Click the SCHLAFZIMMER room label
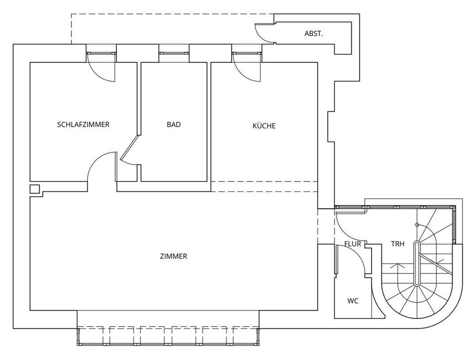(x=83, y=125)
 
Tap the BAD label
(x=174, y=125)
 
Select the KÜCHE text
(x=264, y=126)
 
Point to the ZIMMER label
(x=173, y=256)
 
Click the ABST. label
(x=314, y=34)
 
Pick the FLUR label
(x=353, y=244)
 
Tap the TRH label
(x=398, y=244)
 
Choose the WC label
(x=353, y=301)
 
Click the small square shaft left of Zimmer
(x=35, y=189)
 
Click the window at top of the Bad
(x=174, y=52)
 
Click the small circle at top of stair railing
(x=417, y=225)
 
